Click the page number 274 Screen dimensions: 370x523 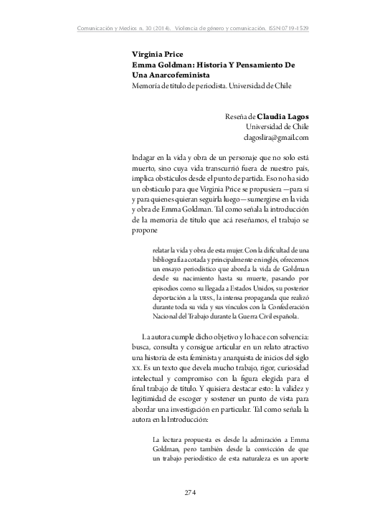(190, 492)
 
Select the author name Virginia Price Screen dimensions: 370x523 (157, 55)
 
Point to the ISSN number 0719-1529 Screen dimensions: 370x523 (299, 29)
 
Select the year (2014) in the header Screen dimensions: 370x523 (151, 29)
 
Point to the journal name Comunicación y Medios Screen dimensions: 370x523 (105, 29)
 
